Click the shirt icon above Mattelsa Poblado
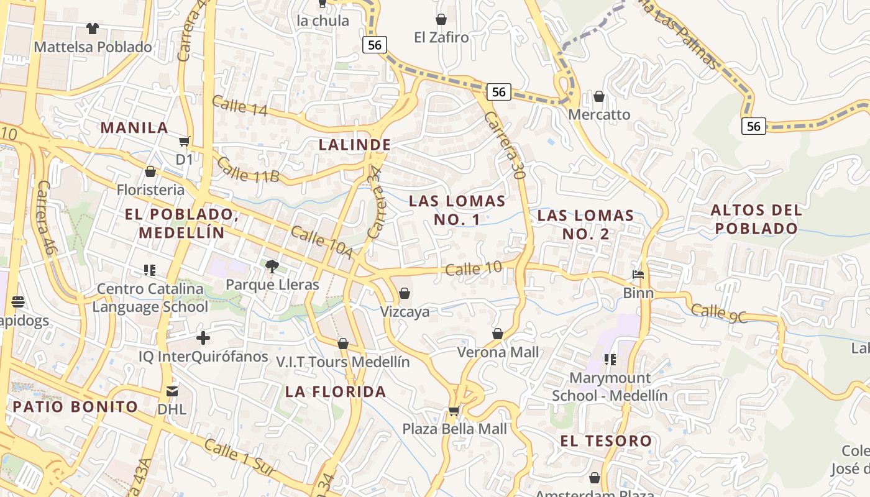click(x=93, y=28)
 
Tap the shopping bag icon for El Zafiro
click(x=441, y=19)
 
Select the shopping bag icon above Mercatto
click(x=599, y=96)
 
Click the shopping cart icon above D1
click(x=184, y=142)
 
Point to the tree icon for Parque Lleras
click(x=272, y=267)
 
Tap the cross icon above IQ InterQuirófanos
click(x=203, y=338)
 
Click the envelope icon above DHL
click(x=172, y=391)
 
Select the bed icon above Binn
click(x=638, y=274)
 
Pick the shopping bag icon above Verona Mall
click(x=497, y=334)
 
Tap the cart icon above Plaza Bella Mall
click(x=454, y=411)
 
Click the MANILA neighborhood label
click(x=134, y=127)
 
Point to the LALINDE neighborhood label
click(x=355, y=145)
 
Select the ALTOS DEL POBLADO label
click(x=756, y=219)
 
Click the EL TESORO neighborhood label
click(x=606, y=441)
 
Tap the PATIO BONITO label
click(x=75, y=407)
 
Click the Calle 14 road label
click(x=239, y=106)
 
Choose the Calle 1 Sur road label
click(x=239, y=458)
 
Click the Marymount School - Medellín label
click(x=610, y=386)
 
